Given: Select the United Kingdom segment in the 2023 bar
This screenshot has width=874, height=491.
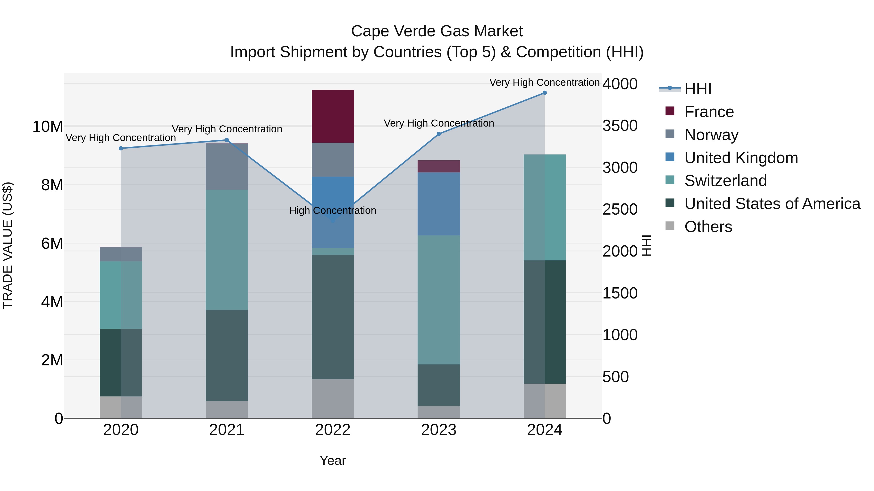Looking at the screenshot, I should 438,204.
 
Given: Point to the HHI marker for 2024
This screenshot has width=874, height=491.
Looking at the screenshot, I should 545,93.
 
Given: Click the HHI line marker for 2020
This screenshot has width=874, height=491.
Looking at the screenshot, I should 121,148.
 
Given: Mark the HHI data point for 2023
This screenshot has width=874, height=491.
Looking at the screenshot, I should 439,134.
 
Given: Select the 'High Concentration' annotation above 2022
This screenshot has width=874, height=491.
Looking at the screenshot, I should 333,210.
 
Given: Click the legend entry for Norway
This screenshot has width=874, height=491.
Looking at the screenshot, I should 711,135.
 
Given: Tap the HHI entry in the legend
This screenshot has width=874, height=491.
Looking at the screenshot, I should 698,89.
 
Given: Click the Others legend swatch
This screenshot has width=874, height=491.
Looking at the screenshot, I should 670,226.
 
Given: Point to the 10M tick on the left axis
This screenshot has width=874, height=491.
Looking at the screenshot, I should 48,127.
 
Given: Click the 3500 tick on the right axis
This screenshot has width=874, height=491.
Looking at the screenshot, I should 620,126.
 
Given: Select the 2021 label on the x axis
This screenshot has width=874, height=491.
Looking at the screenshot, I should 227,430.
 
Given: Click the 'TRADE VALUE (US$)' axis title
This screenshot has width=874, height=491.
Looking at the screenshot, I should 8,245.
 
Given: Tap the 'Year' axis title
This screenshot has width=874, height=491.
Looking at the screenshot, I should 333,460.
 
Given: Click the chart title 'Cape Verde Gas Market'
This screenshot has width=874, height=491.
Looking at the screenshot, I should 437,31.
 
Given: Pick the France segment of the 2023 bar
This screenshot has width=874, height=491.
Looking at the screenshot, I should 438,166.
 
